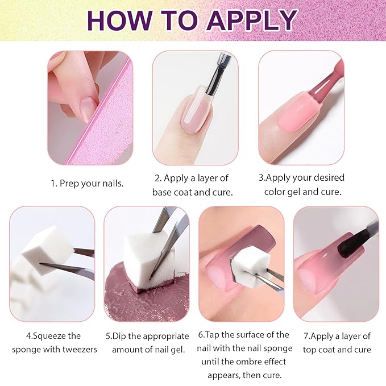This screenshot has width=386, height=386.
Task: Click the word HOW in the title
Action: click(x=118, y=20)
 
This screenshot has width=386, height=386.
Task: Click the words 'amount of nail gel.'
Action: click(x=148, y=348)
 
